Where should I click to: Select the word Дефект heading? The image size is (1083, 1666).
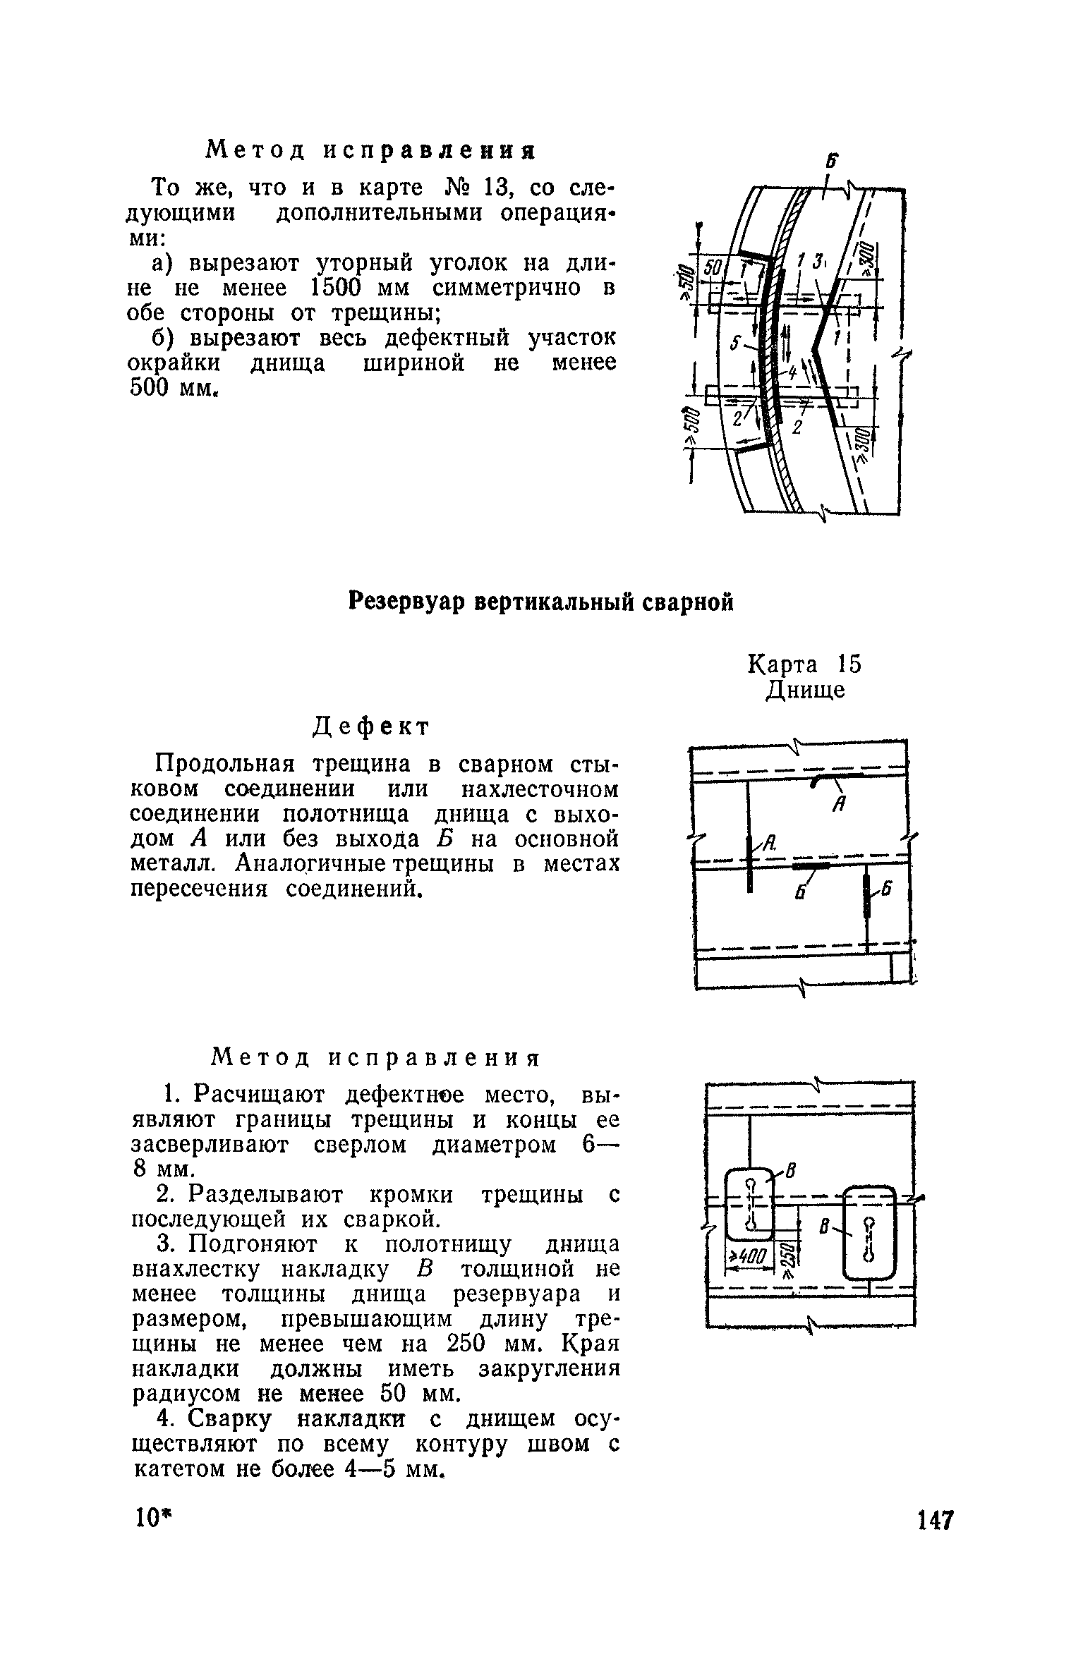click(x=371, y=727)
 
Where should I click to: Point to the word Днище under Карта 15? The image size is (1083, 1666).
click(x=806, y=691)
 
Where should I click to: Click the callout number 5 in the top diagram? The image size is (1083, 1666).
click(x=736, y=343)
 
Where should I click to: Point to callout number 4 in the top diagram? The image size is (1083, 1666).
click(x=793, y=372)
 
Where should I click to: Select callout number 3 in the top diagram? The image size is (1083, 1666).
click(x=818, y=263)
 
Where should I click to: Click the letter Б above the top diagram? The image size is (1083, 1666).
click(x=833, y=162)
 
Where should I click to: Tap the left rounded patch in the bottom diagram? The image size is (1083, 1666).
click(x=750, y=1204)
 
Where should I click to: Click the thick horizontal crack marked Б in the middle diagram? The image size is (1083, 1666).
click(x=811, y=865)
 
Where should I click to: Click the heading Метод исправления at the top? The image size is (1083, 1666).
click(x=370, y=150)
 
